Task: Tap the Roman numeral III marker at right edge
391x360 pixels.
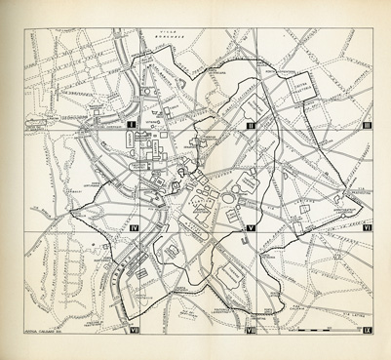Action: (367, 127)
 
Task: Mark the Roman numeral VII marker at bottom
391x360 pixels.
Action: (133, 333)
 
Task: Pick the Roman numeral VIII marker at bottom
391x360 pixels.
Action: (251, 333)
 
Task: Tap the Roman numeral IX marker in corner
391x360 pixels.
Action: (366, 333)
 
